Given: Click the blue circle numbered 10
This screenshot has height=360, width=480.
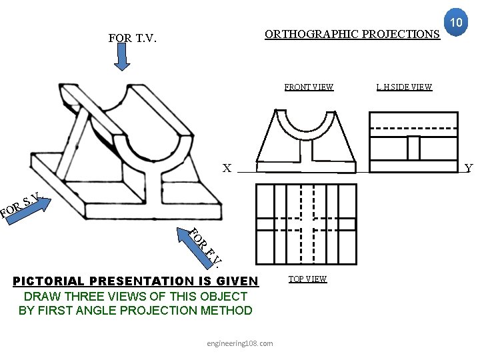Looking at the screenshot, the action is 457,23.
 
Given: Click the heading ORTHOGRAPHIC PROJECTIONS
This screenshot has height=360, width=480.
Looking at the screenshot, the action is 352,34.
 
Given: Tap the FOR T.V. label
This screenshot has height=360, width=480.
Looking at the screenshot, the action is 132,39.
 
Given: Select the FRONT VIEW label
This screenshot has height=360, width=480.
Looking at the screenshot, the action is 309,87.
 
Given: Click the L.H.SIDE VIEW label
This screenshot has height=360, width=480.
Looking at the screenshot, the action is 404,87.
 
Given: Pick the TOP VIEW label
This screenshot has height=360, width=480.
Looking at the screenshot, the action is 307,279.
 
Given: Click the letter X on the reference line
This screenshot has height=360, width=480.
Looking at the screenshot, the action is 227,169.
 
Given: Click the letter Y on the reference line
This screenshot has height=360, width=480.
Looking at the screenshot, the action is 468,169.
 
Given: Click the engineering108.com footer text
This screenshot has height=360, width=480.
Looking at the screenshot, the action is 240,343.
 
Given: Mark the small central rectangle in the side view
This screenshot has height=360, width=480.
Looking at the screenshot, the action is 413,147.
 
